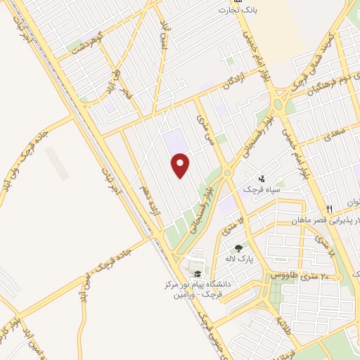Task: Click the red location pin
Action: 181,165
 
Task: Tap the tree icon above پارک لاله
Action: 239,248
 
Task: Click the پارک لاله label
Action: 239,259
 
